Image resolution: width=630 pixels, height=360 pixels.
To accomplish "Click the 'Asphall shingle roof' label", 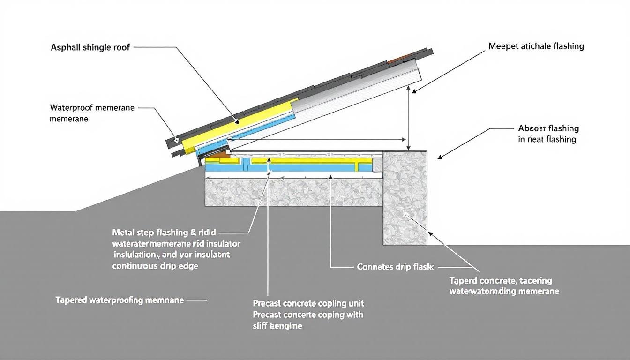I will pyautogui.click(x=90, y=47).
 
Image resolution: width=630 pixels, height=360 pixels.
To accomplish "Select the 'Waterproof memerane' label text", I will pyautogui.click(x=92, y=108).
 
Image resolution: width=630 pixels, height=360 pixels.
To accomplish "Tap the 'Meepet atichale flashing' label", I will pyautogui.click(x=536, y=46).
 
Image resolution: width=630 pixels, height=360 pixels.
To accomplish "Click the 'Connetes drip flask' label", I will pyautogui.click(x=395, y=267).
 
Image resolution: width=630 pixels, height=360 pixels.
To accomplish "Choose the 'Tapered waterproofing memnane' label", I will pyautogui.click(x=120, y=300).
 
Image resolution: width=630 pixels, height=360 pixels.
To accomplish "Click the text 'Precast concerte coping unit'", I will pyautogui.click(x=308, y=303).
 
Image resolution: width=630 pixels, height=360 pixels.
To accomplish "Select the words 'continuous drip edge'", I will pyautogui.click(x=155, y=266).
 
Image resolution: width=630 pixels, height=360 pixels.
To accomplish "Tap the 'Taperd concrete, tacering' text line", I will pyautogui.click(x=501, y=281).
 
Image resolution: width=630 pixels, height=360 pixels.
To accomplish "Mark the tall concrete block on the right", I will pyautogui.click(x=405, y=197).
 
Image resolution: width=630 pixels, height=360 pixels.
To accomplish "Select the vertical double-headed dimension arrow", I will pyautogui.click(x=410, y=117).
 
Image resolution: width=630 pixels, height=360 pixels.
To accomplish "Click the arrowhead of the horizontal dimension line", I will pyautogui.click(x=404, y=139).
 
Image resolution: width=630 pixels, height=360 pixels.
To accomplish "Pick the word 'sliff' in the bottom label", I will pyautogui.click(x=261, y=326).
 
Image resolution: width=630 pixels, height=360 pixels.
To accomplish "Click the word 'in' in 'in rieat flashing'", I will pyautogui.click(x=522, y=139).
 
